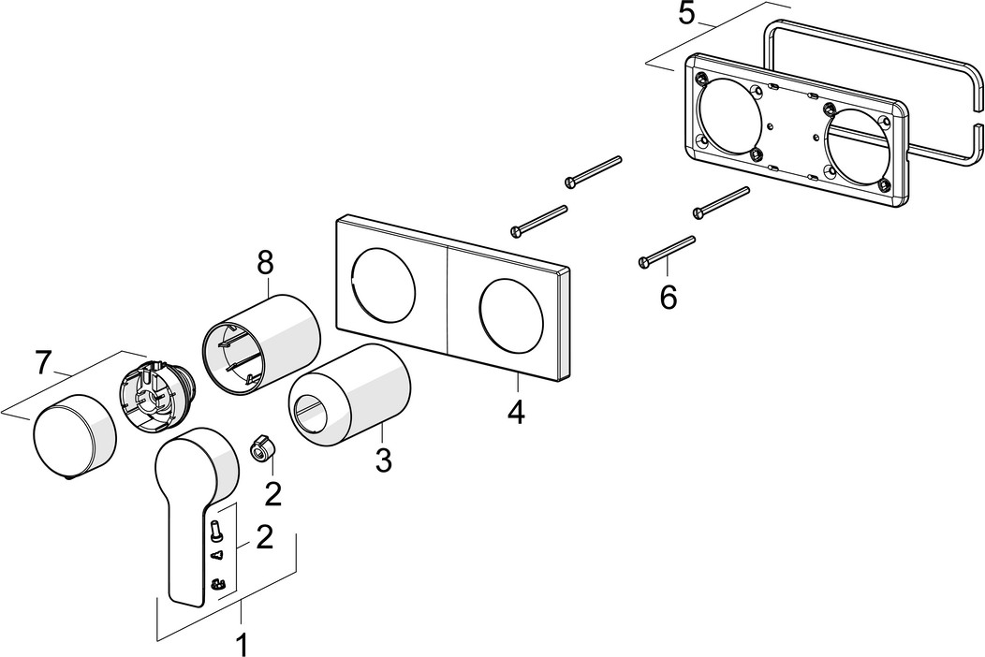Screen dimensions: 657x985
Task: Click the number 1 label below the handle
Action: coord(241,644)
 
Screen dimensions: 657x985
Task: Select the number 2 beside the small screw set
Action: coord(264,536)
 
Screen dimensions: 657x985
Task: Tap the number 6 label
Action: coord(668,297)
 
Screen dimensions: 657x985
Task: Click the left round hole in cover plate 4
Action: coord(381,281)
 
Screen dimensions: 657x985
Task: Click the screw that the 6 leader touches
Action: coord(667,250)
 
